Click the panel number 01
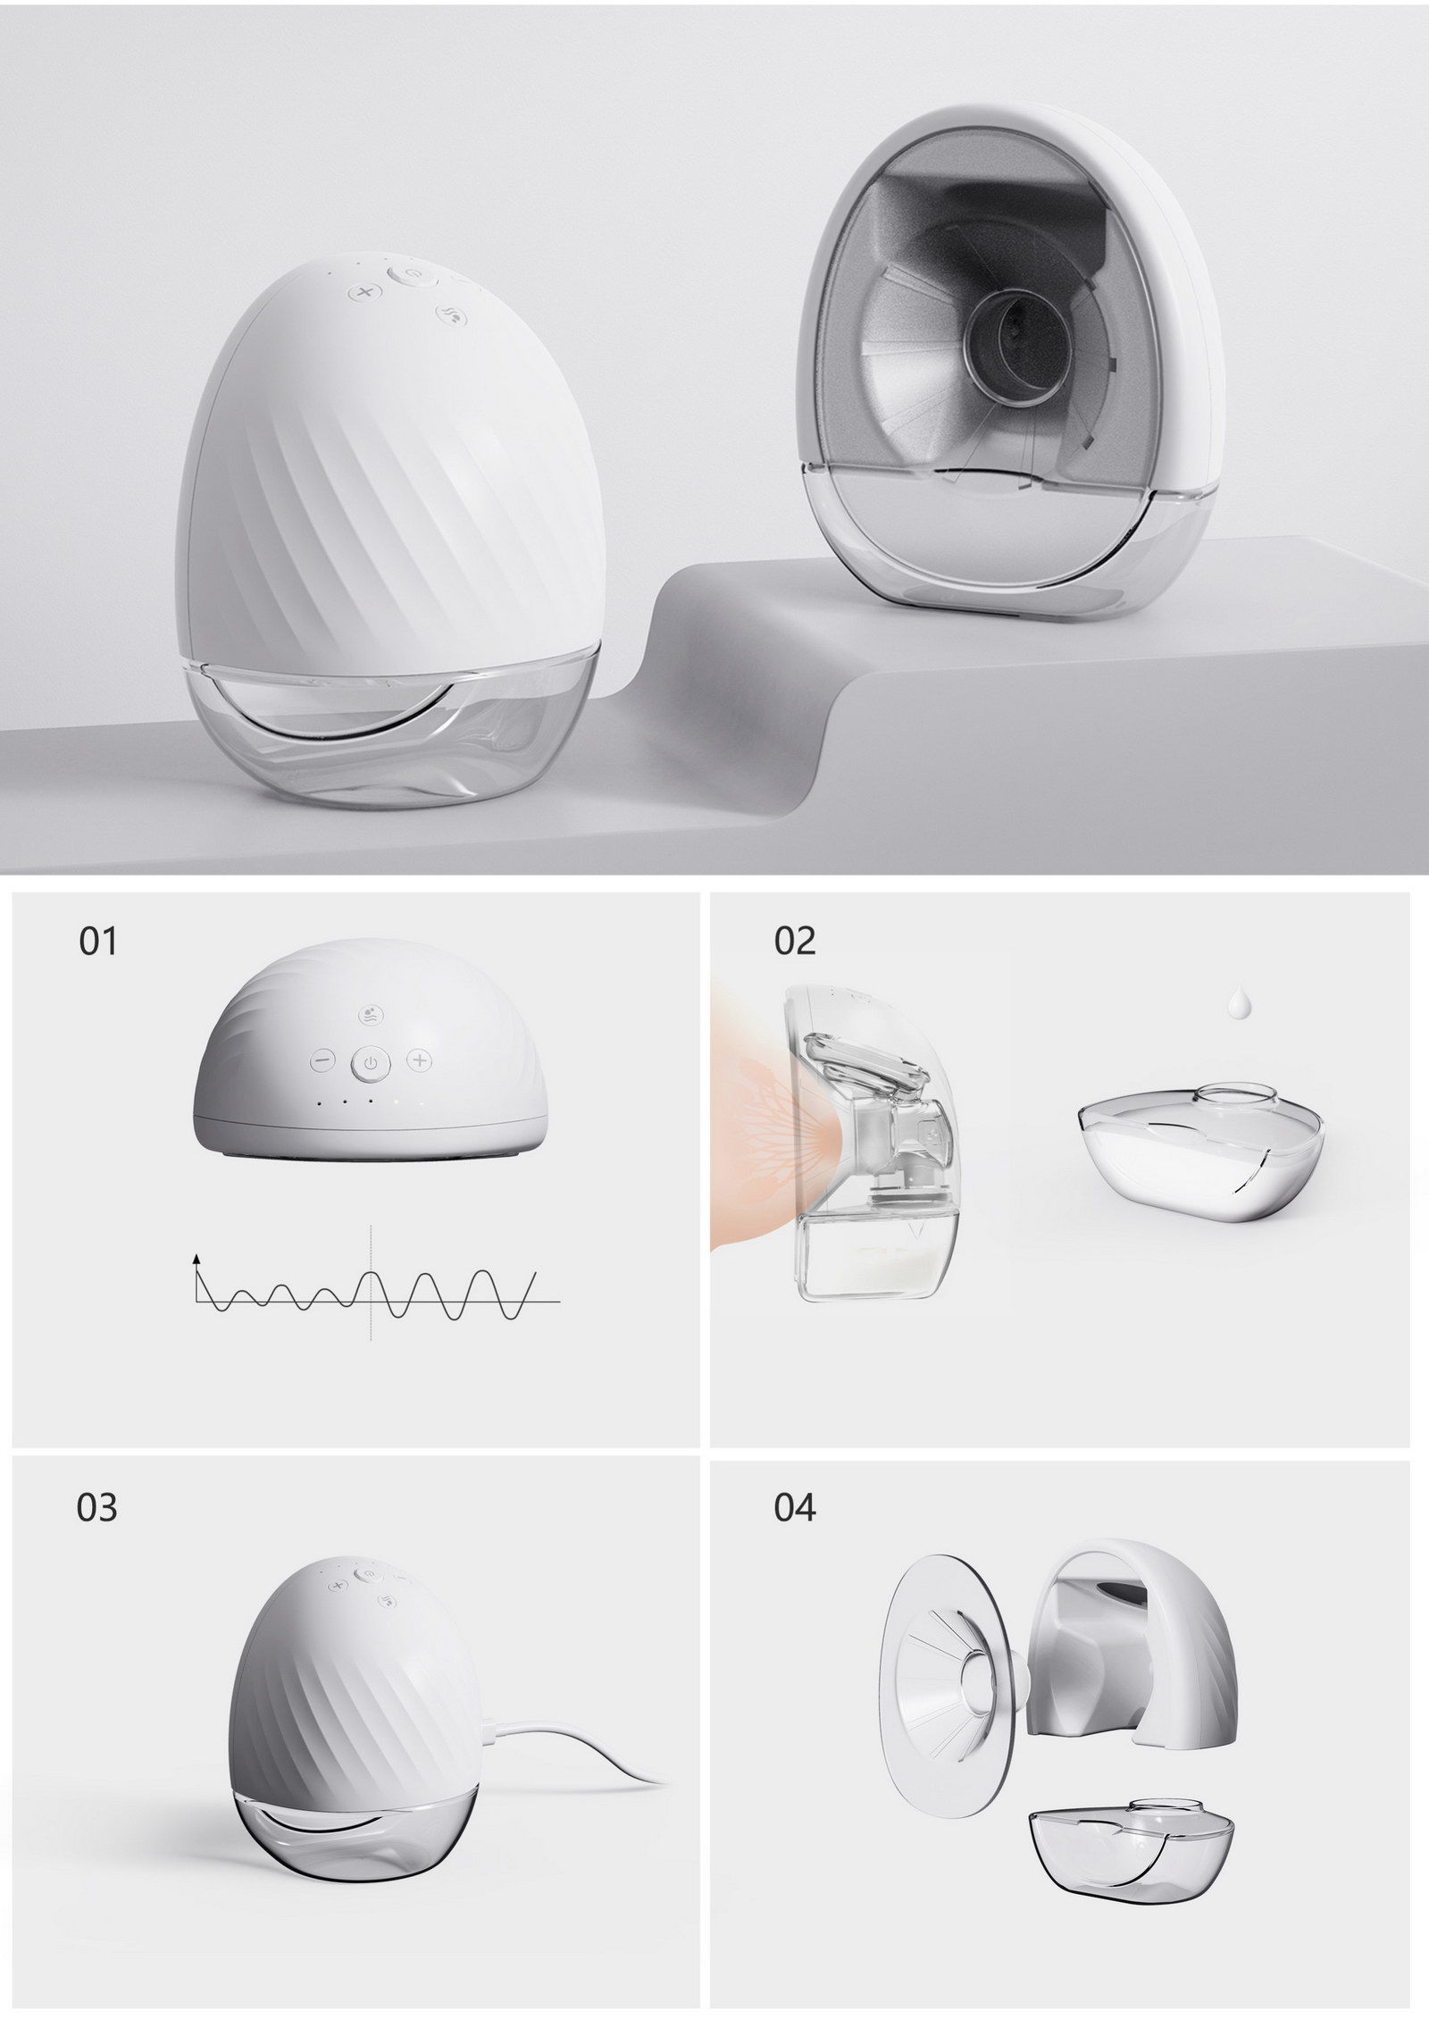point(98,942)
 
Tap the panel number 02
point(795,942)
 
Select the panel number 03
point(97,1508)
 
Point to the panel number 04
point(795,1508)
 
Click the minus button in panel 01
point(322,1061)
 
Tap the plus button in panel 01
point(420,1060)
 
